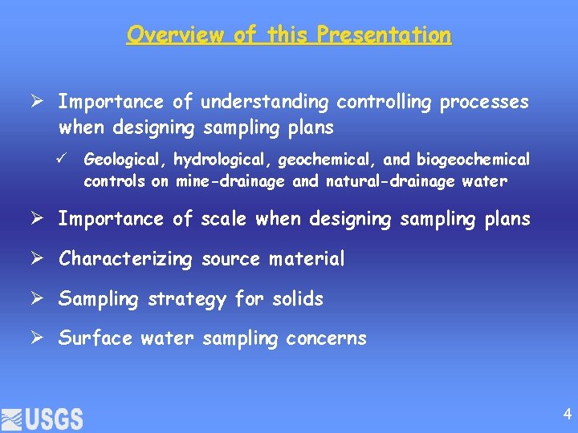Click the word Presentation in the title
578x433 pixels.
point(384,34)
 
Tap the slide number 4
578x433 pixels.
point(568,415)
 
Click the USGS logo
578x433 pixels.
point(43,419)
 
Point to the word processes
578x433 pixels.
point(485,103)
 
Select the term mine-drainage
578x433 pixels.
point(229,181)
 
